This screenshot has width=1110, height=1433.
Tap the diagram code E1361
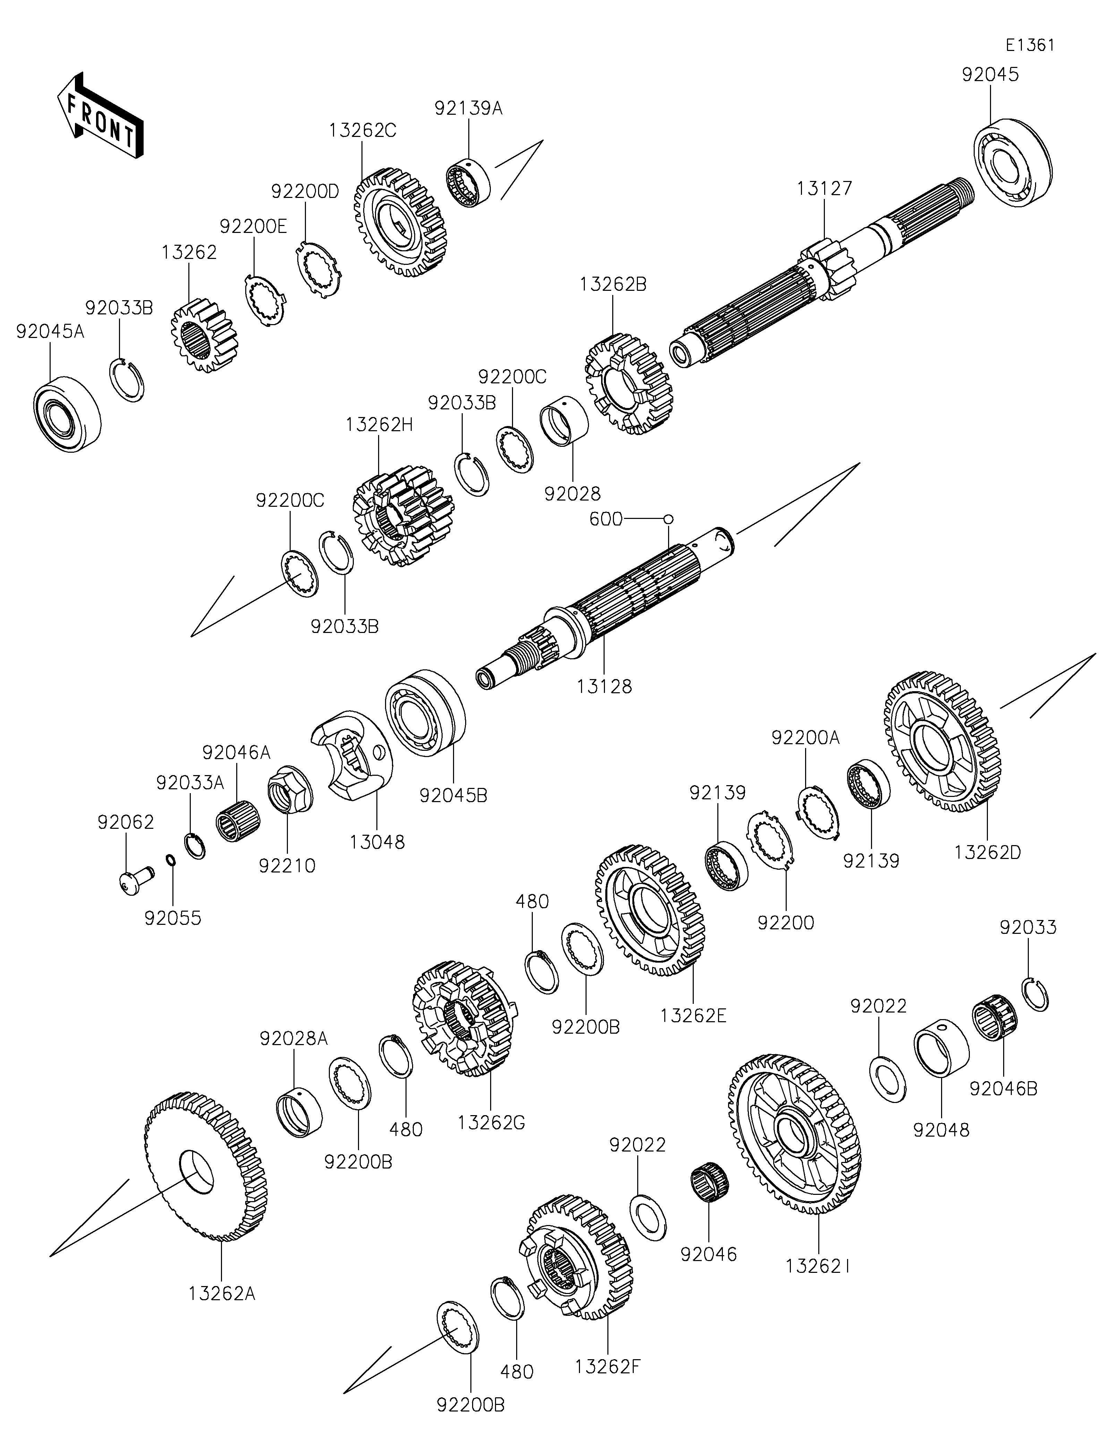1031,45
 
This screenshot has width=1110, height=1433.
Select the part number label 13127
825,189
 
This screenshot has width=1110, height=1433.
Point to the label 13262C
363,131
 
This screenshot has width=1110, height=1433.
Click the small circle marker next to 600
668,519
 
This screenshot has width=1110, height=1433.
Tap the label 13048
377,842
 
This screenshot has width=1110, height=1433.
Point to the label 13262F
607,1367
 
